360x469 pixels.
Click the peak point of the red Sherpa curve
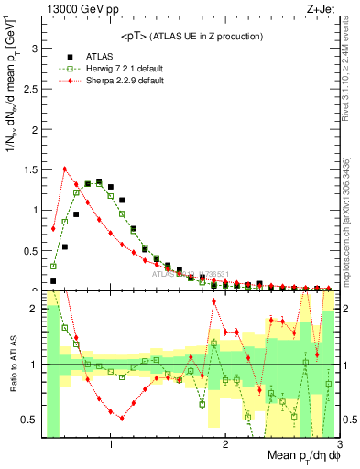click(64, 169)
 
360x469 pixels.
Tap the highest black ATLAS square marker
click(99, 181)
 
